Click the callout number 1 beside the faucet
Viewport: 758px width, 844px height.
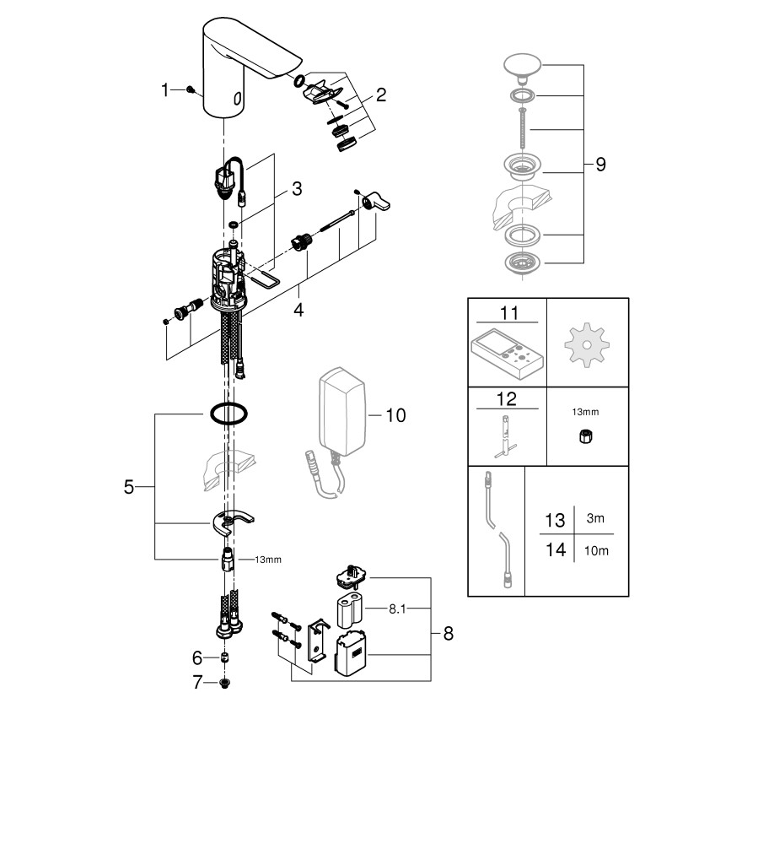165,89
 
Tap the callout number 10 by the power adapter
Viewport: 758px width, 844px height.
395,414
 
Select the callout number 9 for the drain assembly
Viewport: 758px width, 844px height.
600,165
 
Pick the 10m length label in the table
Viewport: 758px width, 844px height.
595,551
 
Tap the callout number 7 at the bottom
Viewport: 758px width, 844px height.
198,683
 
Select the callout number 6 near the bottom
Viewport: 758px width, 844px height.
198,657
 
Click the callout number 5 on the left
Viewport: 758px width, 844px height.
128,487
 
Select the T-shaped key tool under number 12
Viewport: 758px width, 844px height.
507,436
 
